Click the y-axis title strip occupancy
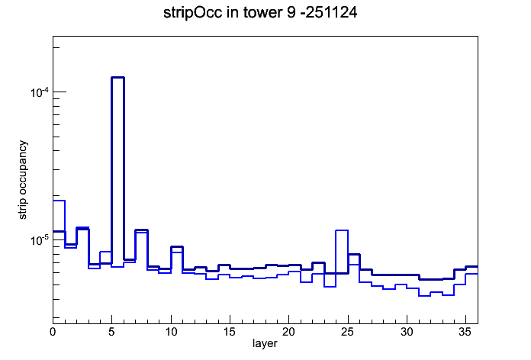pos(23,180)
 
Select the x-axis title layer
pos(265,343)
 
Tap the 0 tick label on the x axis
pos(53,332)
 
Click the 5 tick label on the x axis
pos(111,332)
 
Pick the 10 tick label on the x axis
pos(171,332)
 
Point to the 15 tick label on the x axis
pos(230,332)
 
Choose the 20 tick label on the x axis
pos(288,332)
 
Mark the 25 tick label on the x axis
pos(347,332)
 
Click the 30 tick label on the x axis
pos(407,332)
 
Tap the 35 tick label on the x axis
pos(465,332)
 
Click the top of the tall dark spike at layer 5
pos(117,78)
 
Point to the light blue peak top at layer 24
pos(342,230)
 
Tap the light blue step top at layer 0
pos(59,201)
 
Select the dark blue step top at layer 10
pos(177,246)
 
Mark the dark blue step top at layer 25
pos(353,254)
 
